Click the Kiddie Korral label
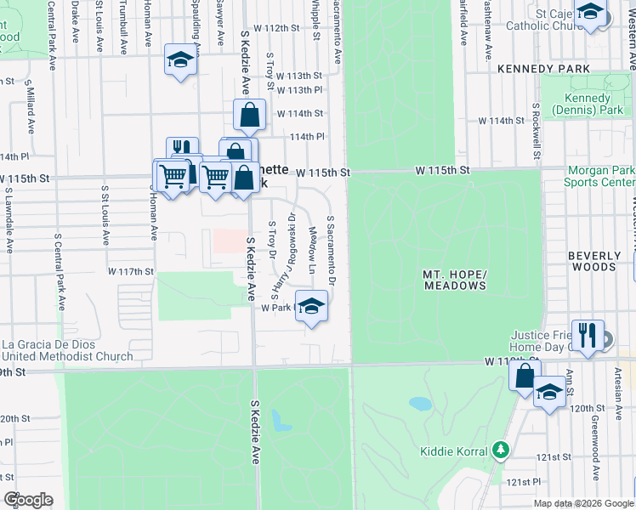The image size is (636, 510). [x=454, y=450]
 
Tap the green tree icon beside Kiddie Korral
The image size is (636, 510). [x=502, y=450]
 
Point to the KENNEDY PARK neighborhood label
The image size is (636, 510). [x=543, y=68]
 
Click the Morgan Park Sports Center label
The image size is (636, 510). [x=599, y=176]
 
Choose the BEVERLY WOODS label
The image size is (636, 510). [x=593, y=261]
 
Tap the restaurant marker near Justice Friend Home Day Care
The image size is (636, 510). [x=588, y=336]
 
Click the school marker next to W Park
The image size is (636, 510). [x=311, y=306]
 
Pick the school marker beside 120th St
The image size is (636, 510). [x=549, y=394]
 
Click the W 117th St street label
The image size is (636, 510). [x=130, y=271]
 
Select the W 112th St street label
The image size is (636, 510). [x=281, y=28]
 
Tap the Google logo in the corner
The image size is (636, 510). [x=28, y=500]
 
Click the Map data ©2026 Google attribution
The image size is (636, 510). [x=583, y=503]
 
